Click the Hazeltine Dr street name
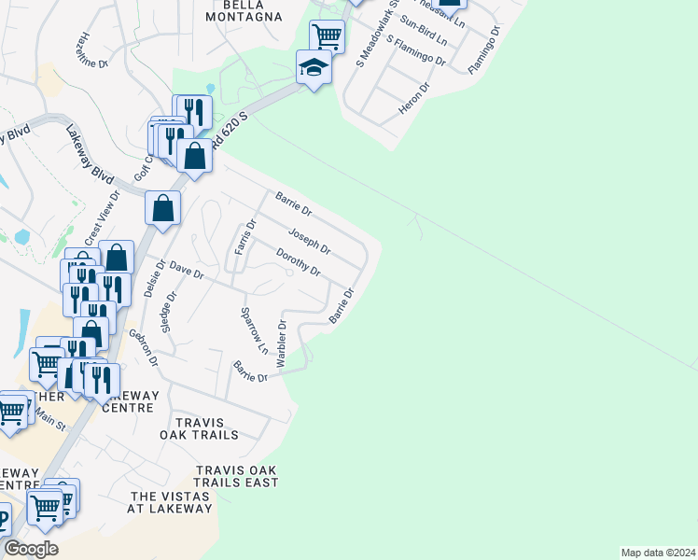click(x=94, y=50)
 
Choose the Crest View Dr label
click(x=103, y=217)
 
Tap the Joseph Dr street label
click(x=309, y=241)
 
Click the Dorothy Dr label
click(x=299, y=262)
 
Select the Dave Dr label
click(x=186, y=271)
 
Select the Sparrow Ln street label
click(x=254, y=331)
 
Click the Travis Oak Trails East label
click(x=237, y=476)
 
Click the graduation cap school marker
click(x=314, y=67)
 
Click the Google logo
click(x=31, y=549)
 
